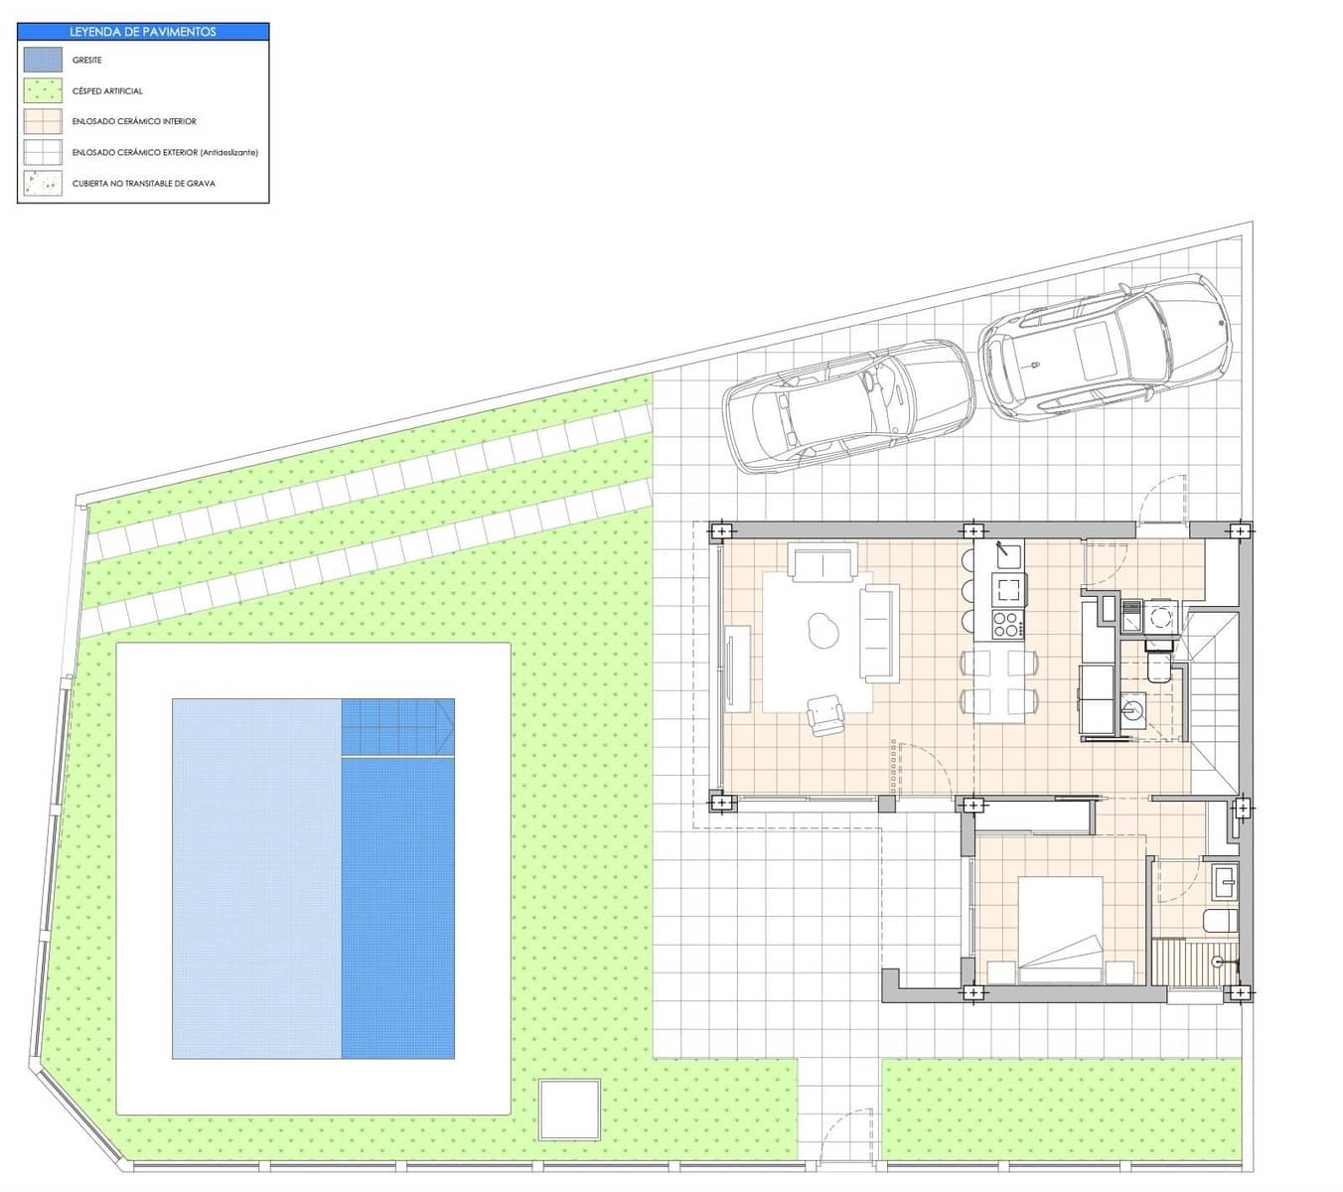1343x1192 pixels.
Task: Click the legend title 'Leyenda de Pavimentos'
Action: click(x=143, y=32)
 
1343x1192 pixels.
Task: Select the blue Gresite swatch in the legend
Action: click(x=43, y=60)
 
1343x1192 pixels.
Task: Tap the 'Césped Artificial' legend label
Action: click(x=107, y=91)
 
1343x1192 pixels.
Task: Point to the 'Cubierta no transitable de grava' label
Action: click(x=143, y=184)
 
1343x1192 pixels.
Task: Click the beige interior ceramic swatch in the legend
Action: click(x=43, y=121)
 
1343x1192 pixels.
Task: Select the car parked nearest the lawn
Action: click(x=848, y=404)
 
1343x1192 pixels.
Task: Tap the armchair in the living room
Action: click(x=824, y=715)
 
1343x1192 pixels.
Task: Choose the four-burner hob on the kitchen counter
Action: click(x=1006, y=626)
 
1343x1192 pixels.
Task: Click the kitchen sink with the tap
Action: click(x=1009, y=552)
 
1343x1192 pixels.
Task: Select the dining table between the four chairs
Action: click(x=999, y=683)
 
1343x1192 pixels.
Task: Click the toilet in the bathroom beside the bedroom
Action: click(x=1219, y=921)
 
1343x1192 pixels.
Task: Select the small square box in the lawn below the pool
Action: click(x=569, y=1110)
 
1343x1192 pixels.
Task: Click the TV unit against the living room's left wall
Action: click(x=737, y=668)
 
